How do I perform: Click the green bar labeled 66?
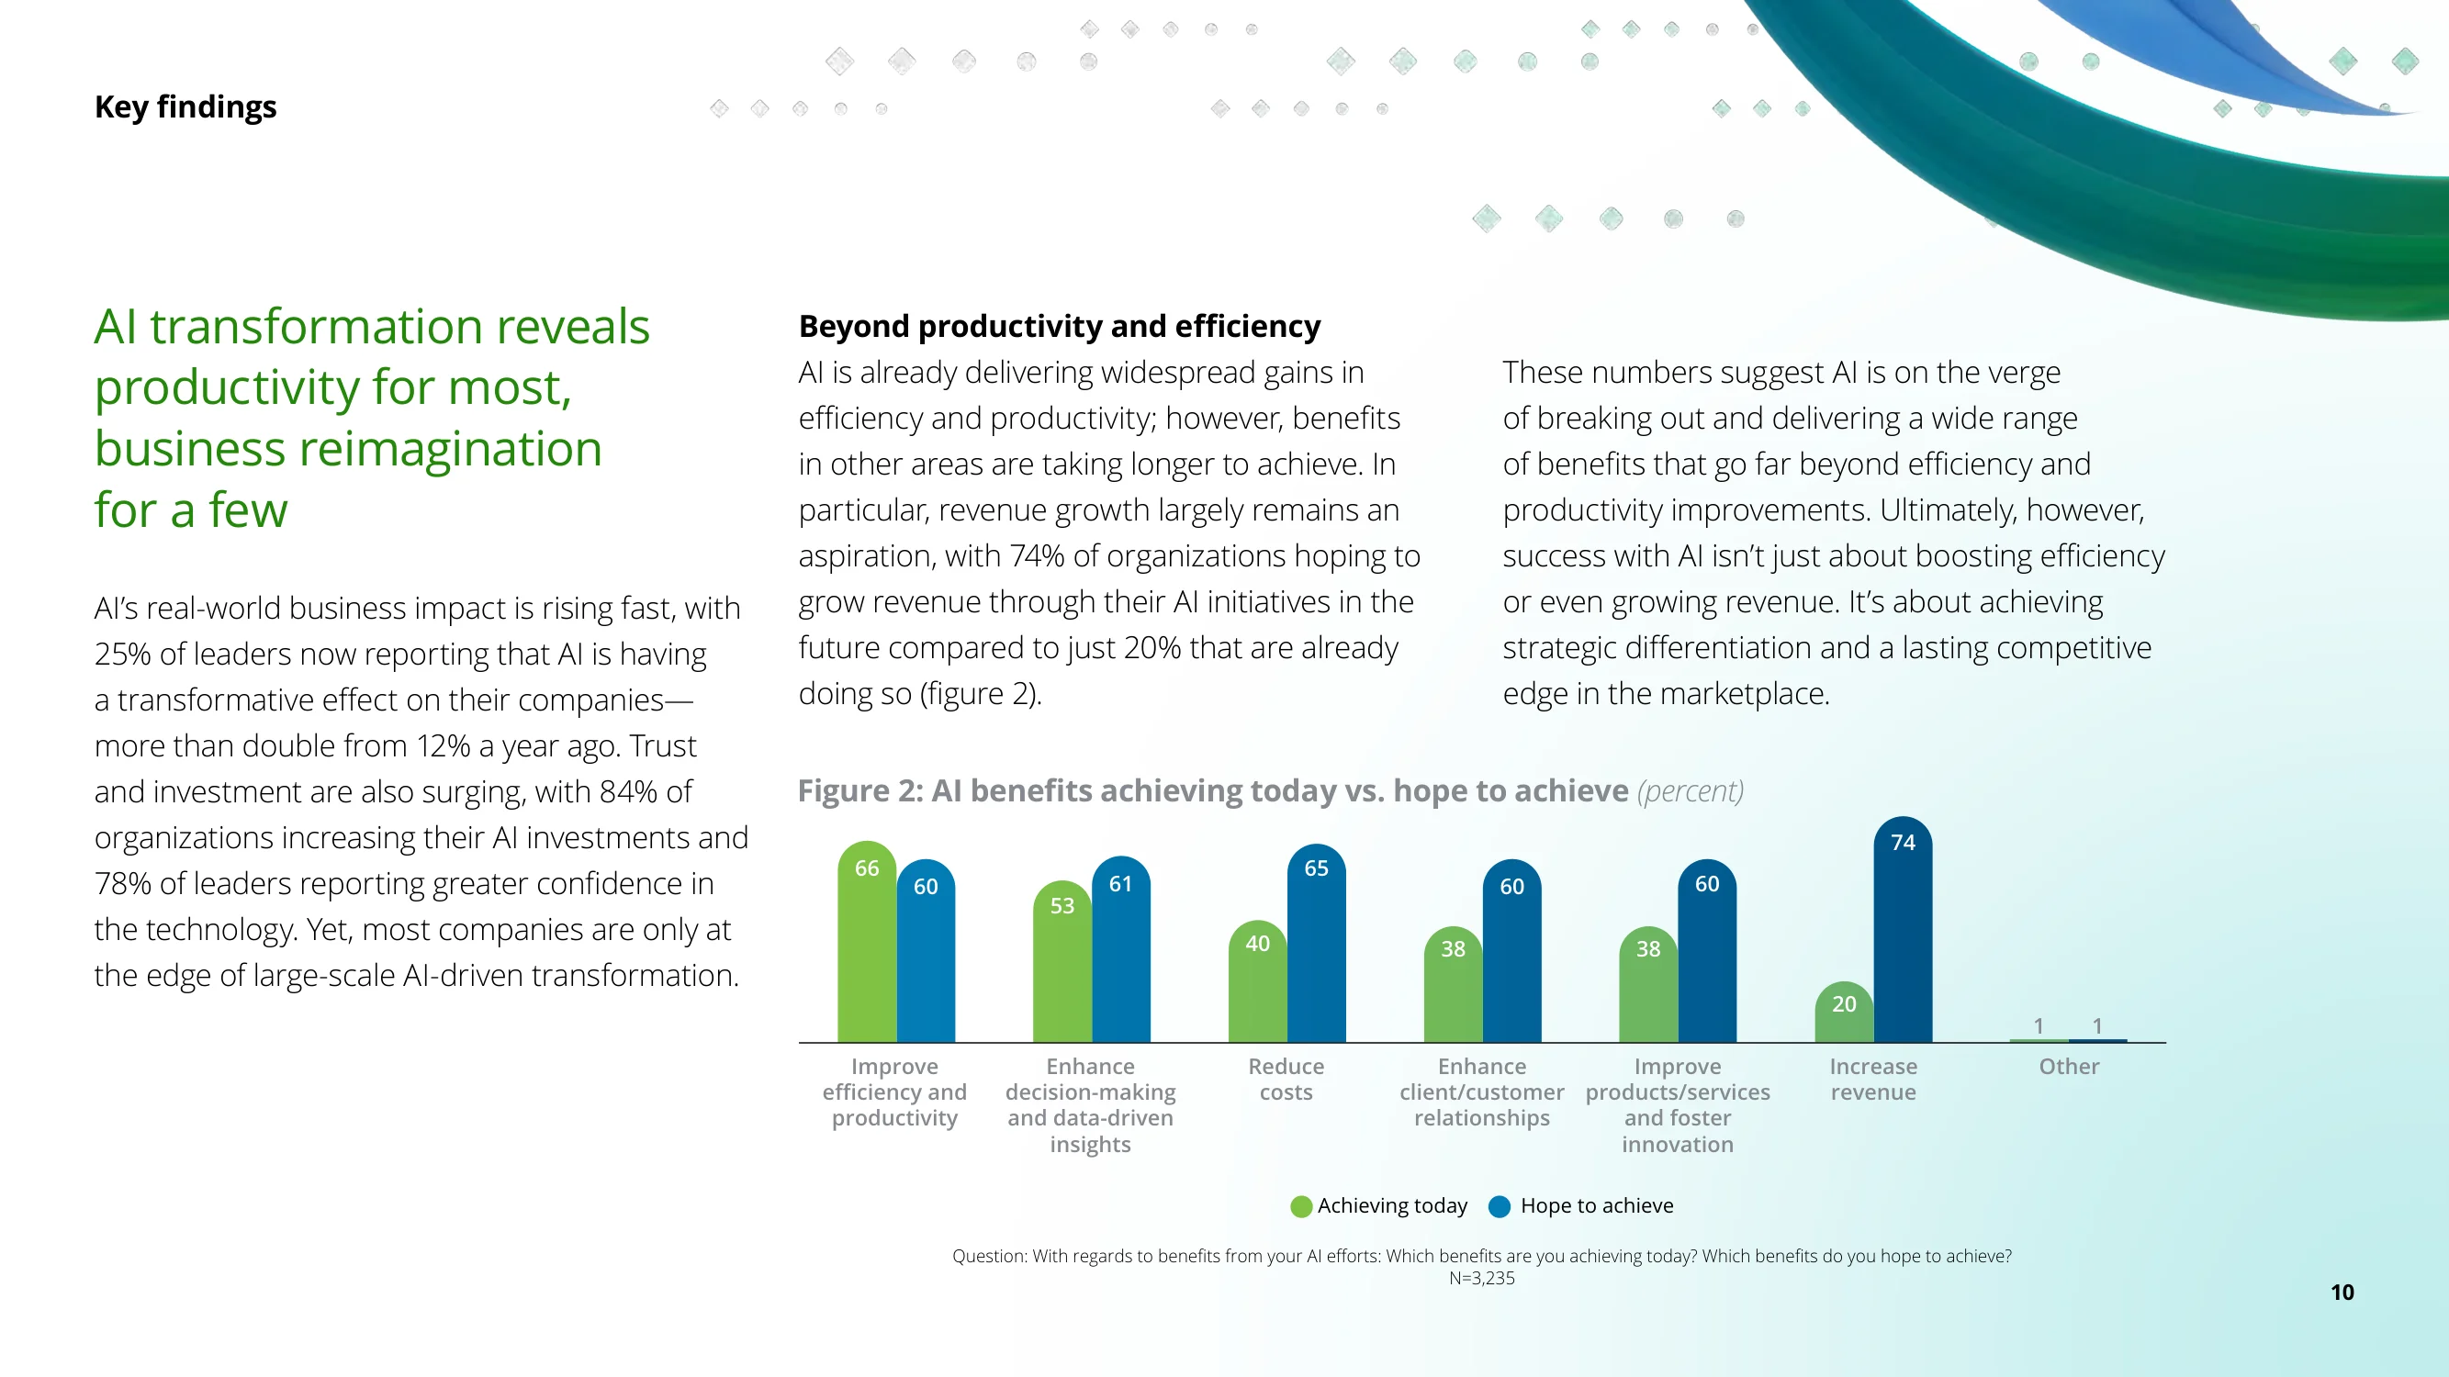[x=866, y=942]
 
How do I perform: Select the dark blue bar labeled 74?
[x=1903, y=929]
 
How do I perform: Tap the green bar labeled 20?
[x=1843, y=1012]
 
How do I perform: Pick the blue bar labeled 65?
[x=1316, y=943]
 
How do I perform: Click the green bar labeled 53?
[x=1062, y=962]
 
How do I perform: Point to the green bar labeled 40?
[x=1257, y=980]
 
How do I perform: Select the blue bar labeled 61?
[x=1121, y=949]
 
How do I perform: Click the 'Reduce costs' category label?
[x=1286, y=1080]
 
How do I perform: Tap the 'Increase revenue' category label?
[x=1873, y=1080]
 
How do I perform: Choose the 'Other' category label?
[x=2069, y=1066]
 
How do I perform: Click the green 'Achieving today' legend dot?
[x=1300, y=1207]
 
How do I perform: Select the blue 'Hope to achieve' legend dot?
[x=1500, y=1207]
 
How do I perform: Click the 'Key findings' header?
[x=185, y=107]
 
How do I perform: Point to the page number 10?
[x=2342, y=1293]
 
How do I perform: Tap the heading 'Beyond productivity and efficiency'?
[x=1059, y=326]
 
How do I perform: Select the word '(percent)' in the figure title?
[x=1691, y=790]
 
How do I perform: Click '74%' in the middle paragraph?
[x=1038, y=556]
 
